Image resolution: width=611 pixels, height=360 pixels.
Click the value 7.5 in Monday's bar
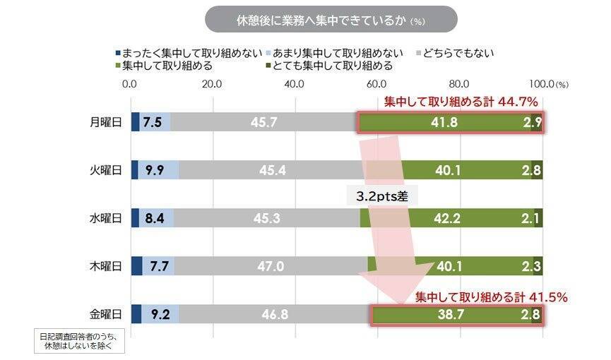153,122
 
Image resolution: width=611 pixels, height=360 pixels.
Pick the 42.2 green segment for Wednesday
444,218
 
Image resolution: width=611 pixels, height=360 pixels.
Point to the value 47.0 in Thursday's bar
271,266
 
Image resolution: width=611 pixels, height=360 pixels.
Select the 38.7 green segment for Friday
451,314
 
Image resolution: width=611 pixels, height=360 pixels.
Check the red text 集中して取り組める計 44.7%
462,102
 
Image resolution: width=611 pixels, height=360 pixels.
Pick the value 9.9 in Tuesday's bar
155,170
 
